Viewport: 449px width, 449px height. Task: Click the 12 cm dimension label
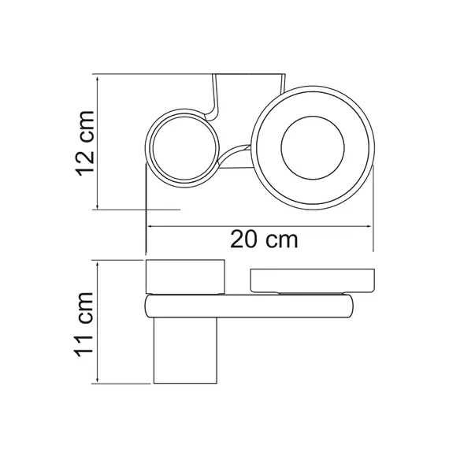[85, 143]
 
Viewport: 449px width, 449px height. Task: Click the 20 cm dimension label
[264, 239]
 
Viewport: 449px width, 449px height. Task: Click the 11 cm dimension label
[84, 325]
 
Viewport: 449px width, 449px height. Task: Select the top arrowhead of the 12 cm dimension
[98, 80]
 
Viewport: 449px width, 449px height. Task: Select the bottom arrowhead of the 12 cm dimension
[98, 205]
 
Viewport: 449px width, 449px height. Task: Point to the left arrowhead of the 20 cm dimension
[152, 226]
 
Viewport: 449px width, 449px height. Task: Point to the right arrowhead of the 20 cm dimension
[368, 226]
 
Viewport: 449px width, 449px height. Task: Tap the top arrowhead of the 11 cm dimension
[98, 265]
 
